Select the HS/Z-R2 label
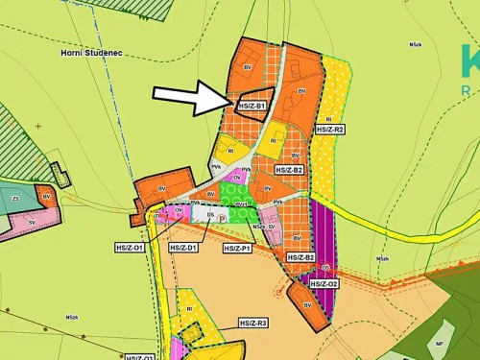(x=325, y=129)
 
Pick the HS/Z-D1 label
(x=182, y=248)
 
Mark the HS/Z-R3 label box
(x=253, y=324)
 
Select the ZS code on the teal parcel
(x=16, y=199)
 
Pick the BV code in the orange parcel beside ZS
(x=45, y=195)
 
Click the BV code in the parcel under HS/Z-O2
(x=308, y=305)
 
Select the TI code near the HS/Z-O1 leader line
(x=158, y=217)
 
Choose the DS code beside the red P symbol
(x=210, y=215)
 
